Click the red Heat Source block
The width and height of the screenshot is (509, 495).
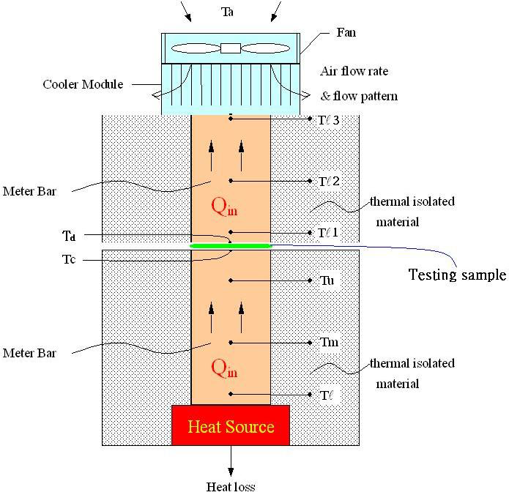pyautogui.click(x=231, y=425)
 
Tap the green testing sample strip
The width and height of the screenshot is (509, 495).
pyautogui.click(x=231, y=245)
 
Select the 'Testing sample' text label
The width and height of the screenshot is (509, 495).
pyautogui.click(x=456, y=275)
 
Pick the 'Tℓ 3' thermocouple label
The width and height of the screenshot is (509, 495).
pyautogui.click(x=329, y=119)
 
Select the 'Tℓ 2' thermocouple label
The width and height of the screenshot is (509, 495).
pyautogui.click(x=329, y=181)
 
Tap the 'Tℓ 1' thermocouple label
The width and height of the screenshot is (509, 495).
pyautogui.click(x=329, y=233)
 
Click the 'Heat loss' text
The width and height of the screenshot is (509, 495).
pyautogui.click(x=231, y=486)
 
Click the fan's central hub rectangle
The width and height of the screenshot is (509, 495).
pyautogui.click(x=230, y=48)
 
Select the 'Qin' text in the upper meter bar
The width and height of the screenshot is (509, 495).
pyautogui.click(x=224, y=209)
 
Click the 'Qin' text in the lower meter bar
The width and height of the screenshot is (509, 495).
pyautogui.click(x=224, y=369)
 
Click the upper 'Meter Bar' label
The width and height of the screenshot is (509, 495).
pyautogui.click(x=29, y=192)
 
